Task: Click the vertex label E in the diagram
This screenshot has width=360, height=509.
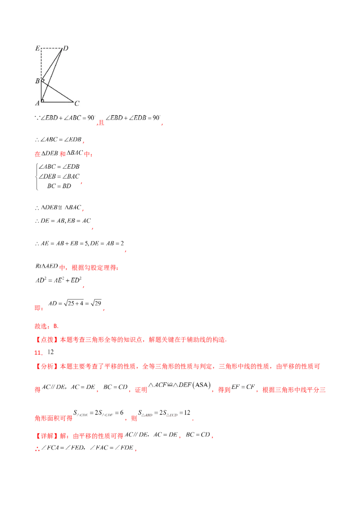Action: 38,48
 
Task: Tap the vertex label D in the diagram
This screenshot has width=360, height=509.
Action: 66,48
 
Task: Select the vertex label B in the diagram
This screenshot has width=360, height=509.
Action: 37,81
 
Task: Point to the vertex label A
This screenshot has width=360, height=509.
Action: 37,103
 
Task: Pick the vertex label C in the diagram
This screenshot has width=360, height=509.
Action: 77,103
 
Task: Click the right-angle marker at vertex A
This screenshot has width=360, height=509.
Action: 43,100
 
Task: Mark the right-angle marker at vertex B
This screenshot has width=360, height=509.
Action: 43,80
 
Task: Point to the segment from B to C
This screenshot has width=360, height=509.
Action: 58,92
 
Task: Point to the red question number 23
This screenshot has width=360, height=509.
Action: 38,353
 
